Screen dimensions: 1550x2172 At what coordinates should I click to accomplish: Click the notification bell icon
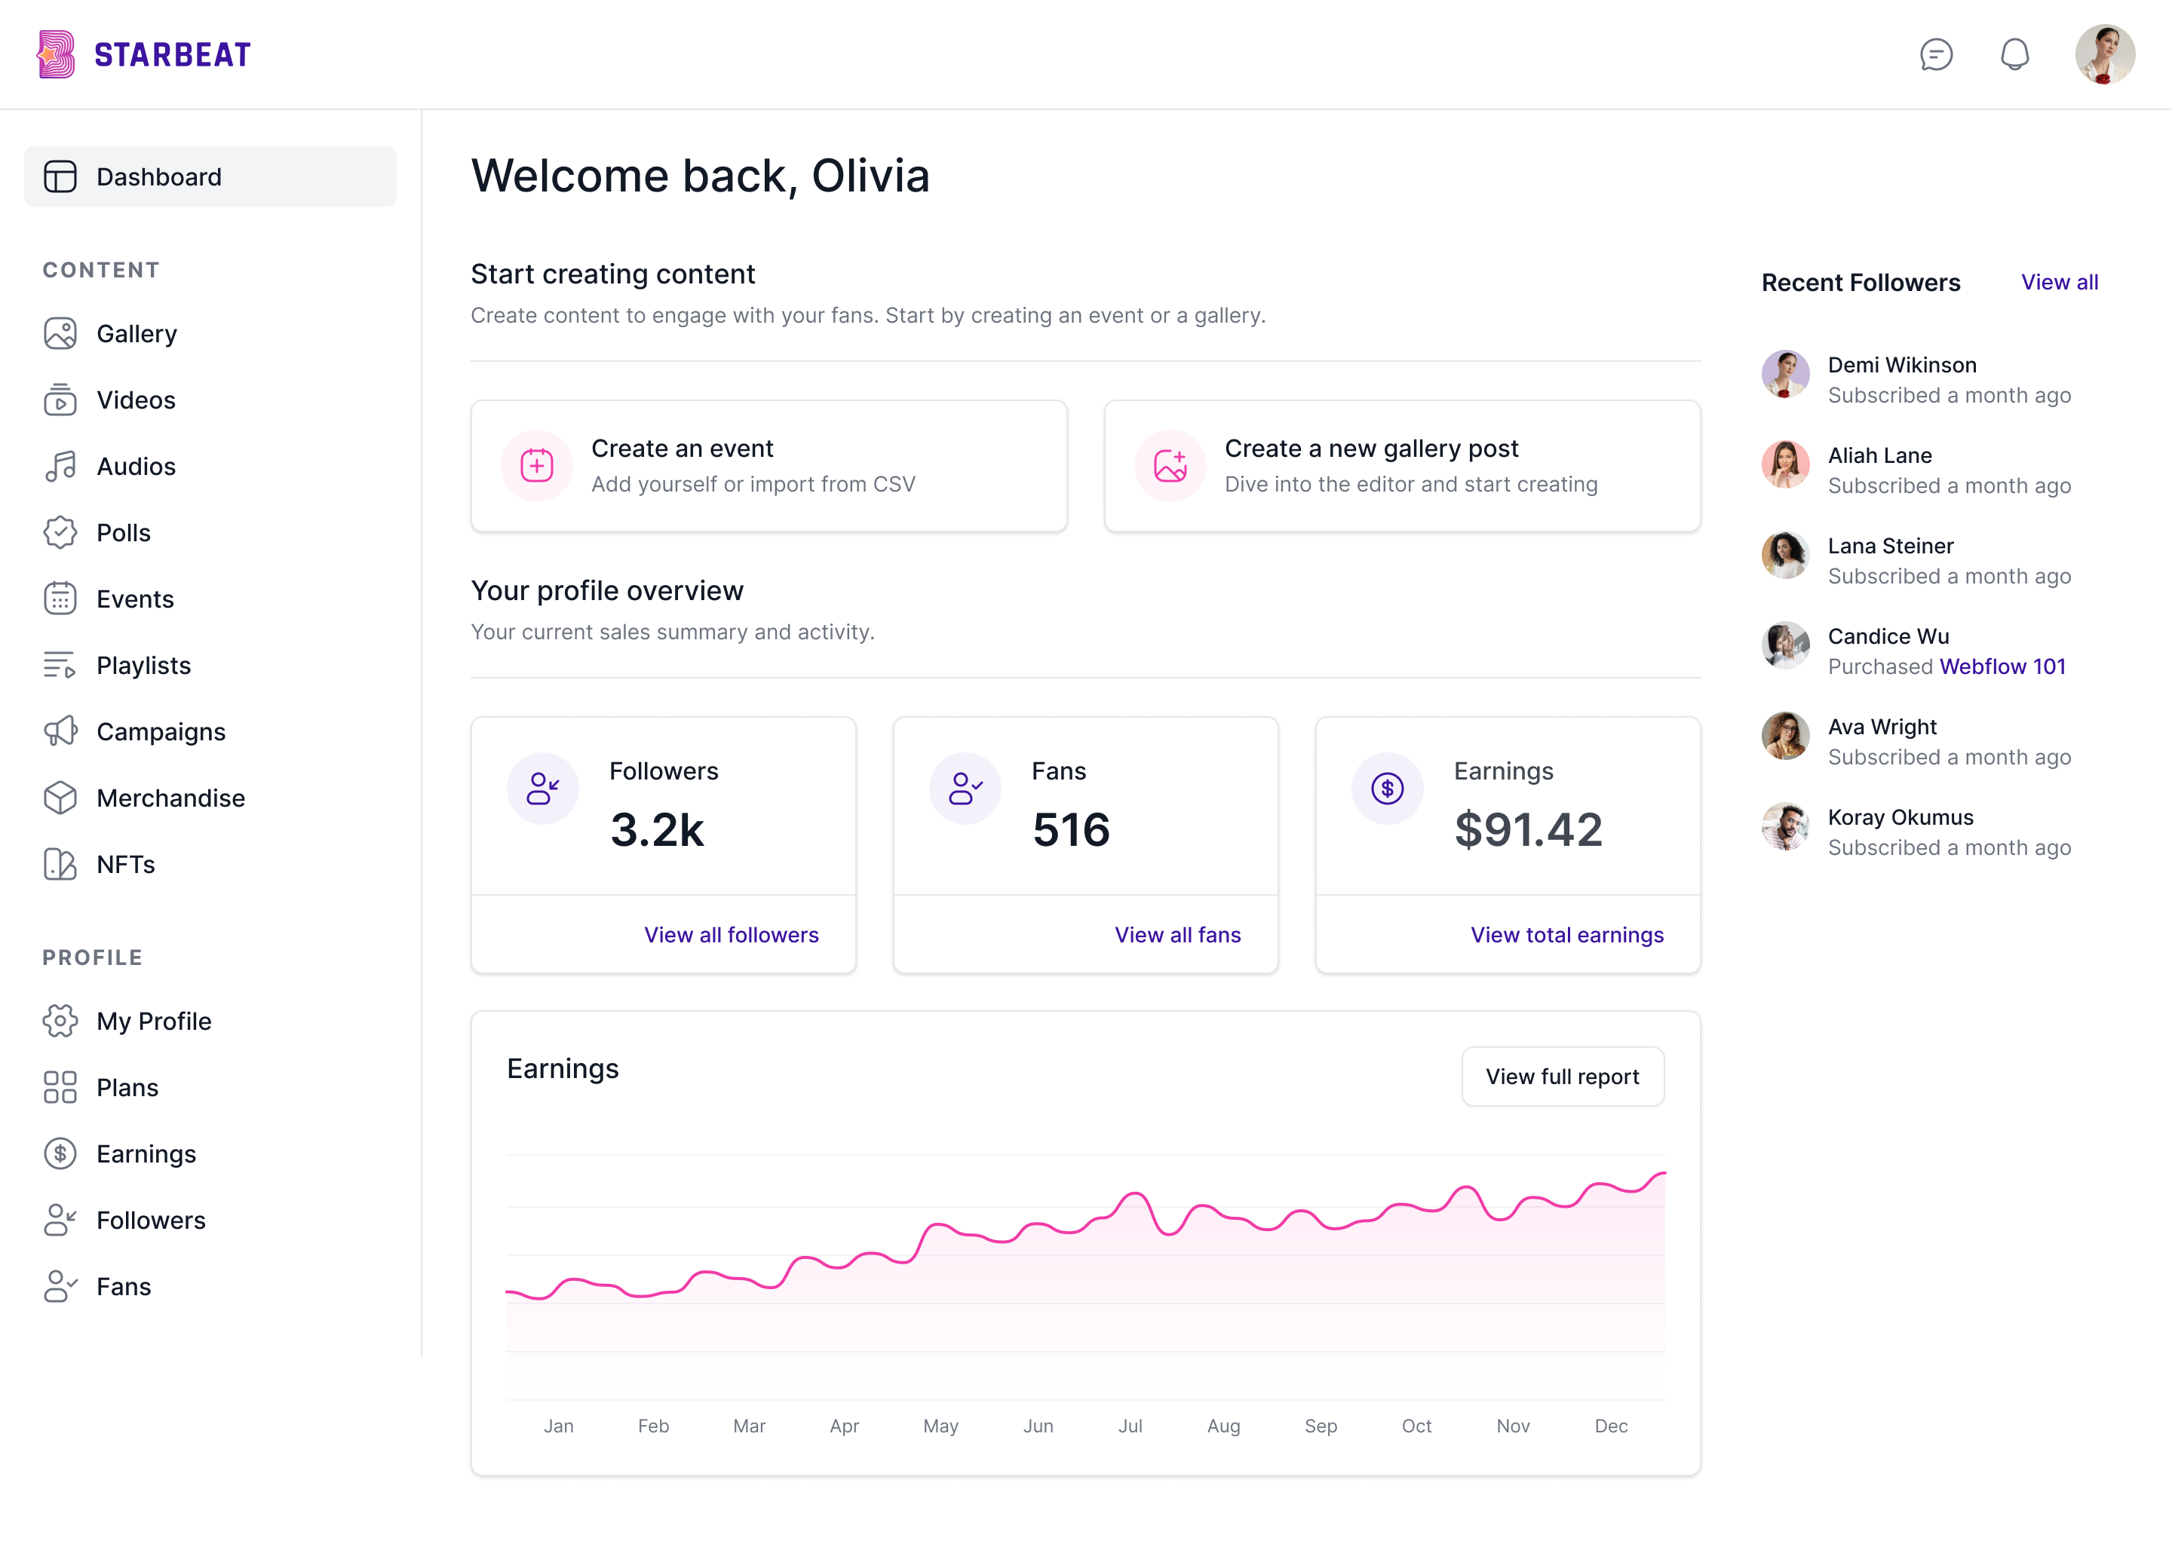pyautogui.click(x=2014, y=54)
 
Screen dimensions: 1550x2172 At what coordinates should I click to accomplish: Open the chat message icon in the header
pyautogui.click(x=1936, y=54)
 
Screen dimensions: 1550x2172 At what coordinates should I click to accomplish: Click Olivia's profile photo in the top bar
pyautogui.click(x=2104, y=54)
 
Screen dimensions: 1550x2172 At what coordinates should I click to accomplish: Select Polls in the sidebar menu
pyautogui.click(x=123, y=532)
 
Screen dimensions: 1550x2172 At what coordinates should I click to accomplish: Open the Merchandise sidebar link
pyautogui.click(x=170, y=798)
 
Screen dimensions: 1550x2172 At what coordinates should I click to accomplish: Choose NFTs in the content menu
pyautogui.click(x=125, y=865)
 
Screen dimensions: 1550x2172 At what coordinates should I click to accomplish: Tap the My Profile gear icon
pyautogui.click(x=60, y=1022)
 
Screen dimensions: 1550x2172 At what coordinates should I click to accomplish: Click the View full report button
pyautogui.click(x=1562, y=1077)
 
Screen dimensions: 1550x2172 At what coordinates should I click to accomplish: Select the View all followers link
pyautogui.click(x=732, y=936)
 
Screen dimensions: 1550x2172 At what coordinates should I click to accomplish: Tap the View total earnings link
pyautogui.click(x=1566, y=936)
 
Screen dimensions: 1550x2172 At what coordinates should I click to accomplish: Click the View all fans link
pyautogui.click(x=1177, y=936)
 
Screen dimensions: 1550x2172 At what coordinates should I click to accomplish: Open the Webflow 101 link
pyautogui.click(x=2002, y=667)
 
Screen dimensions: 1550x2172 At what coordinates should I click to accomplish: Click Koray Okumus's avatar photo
pyautogui.click(x=1784, y=826)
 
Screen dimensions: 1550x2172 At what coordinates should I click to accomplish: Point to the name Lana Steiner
pyautogui.click(x=1891, y=546)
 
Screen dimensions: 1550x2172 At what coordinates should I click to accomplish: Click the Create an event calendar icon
pyautogui.click(x=536, y=466)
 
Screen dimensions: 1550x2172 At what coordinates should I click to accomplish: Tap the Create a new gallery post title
pyautogui.click(x=1371, y=449)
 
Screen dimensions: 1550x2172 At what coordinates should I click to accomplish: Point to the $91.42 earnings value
pyautogui.click(x=1527, y=829)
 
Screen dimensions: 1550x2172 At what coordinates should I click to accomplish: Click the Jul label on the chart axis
pyautogui.click(x=1130, y=1426)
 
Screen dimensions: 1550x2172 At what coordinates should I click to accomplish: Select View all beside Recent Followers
pyautogui.click(x=2060, y=283)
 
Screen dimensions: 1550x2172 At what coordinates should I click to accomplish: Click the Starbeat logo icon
pyautogui.click(x=57, y=54)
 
